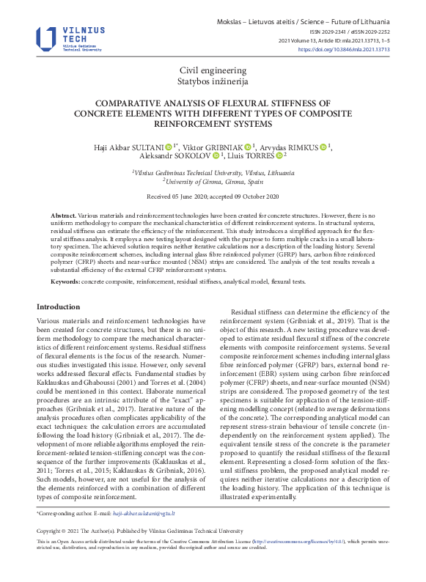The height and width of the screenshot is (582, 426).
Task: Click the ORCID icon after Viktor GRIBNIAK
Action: [247, 147]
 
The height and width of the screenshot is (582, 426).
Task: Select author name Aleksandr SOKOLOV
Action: [175, 156]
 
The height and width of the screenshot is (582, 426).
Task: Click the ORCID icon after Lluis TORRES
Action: [279, 156]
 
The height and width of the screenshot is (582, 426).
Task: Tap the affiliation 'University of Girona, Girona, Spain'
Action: [215, 181]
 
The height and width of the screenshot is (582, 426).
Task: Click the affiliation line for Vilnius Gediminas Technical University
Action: [213, 172]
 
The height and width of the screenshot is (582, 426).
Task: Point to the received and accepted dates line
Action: [213, 196]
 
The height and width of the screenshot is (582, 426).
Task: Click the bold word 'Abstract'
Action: [62, 216]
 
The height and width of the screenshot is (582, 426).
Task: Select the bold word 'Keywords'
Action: [65, 281]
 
